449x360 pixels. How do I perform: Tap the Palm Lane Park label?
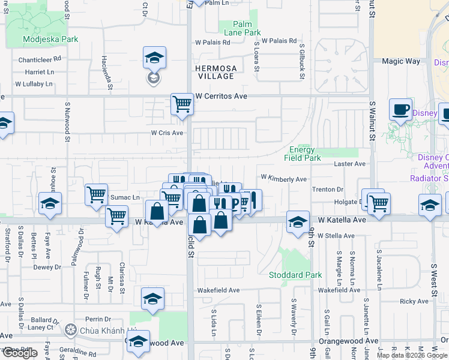(243, 28)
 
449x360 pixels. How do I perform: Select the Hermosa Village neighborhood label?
(215, 73)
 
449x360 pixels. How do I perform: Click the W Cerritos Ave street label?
(221, 96)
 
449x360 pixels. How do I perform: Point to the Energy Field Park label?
(302, 154)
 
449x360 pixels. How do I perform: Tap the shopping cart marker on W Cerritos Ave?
(182, 104)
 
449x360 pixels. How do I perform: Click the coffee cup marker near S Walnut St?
(400, 109)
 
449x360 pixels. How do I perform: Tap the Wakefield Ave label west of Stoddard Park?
(219, 290)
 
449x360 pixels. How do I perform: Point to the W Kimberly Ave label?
(283, 179)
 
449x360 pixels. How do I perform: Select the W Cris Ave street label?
(166, 133)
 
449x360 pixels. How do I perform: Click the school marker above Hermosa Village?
(154, 58)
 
